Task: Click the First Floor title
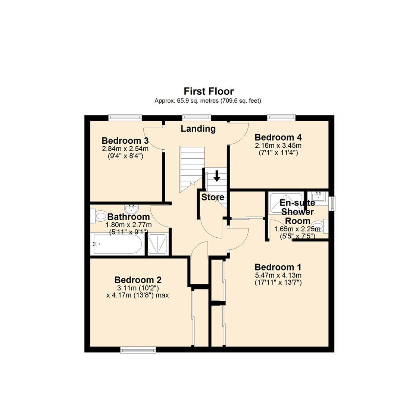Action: pyautogui.click(x=209, y=91)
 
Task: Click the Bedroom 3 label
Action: pyautogui.click(x=125, y=141)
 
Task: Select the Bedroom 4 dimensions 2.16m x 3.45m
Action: pyautogui.click(x=278, y=145)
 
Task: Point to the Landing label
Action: pyautogui.click(x=198, y=129)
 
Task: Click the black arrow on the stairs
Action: pyautogui.click(x=216, y=176)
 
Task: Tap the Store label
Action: pyautogui.click(x=213, y=197)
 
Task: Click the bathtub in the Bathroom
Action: pyautogui.click(x=116, y=245)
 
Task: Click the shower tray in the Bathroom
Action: pyautogui.click(x=157, y=245)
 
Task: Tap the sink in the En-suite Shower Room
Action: pyautogui.click(x=318, y=196)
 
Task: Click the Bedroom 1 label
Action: pyautogui.click(x=278, y=267)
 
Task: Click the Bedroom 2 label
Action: pyautogui.click(x=138, y=280)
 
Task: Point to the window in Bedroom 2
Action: pyautogui.click(x=138, y=350)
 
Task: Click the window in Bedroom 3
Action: pyautogui.click(x=125, y=118)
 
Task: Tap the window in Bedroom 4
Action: pyautogui.click(x=281, y=118)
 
